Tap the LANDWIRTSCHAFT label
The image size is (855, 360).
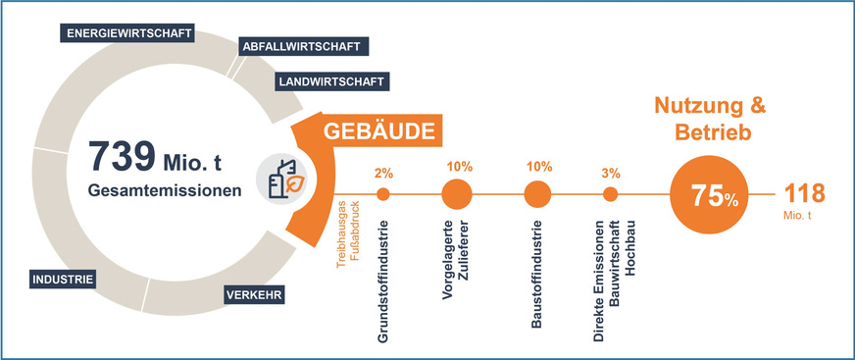click(330, 81)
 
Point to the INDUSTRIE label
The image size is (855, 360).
click(63, 280)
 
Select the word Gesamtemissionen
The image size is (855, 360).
click(163, 189)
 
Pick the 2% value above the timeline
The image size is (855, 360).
click(383, 173)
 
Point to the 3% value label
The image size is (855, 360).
click(611, 173)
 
